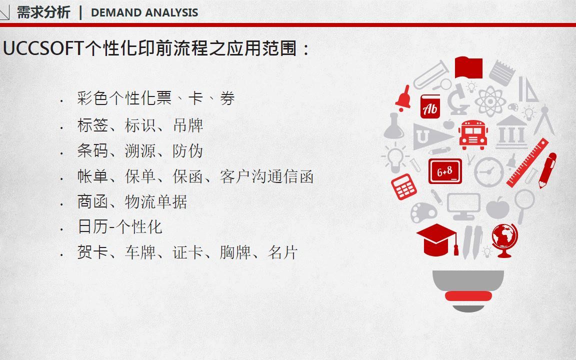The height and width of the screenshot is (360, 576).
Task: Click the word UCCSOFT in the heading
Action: pos(43,48)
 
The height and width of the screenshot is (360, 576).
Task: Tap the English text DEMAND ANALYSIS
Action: pos(144,12)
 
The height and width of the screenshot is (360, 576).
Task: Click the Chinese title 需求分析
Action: pos(43,12)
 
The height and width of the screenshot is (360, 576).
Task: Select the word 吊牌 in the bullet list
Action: pos(188,125)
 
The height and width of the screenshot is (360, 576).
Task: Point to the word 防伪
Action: pos(187,151)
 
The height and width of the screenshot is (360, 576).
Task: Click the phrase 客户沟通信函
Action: pos(266,176)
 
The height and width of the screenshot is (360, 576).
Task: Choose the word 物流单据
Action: pos(156,202)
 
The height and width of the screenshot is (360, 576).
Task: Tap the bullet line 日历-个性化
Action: pos(120,226)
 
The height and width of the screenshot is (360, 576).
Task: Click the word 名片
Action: pos(282,252)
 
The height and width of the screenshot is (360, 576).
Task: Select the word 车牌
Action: pos(140,252)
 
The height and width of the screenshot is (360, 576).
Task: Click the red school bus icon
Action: pos(473,134)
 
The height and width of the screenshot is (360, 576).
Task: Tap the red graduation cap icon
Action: pos(437,240)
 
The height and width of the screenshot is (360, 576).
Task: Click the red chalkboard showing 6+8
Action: pos(445,171)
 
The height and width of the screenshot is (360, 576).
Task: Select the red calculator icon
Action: pos(403,186)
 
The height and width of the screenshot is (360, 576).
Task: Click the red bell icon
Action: pos(403,98)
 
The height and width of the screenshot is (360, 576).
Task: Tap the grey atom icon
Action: pos(490,101)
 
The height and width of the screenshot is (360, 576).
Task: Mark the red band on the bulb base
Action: pos(468,295)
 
